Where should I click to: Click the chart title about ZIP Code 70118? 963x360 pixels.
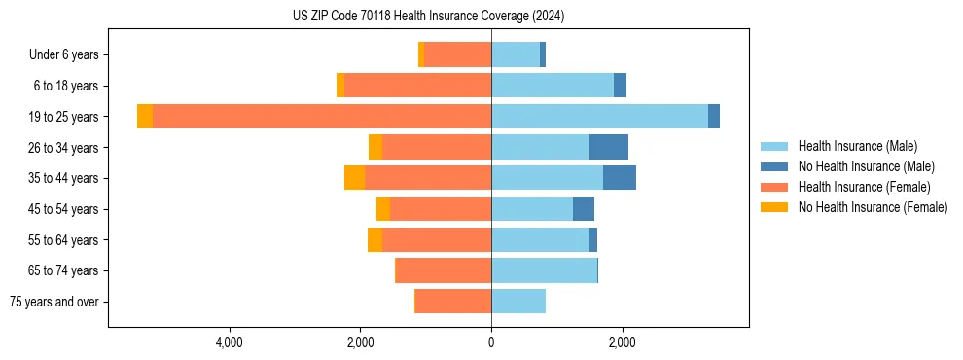pyautogui.click(x=428, y=17)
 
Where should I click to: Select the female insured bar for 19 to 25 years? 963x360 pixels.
pyautogui.click(x=321, y=117)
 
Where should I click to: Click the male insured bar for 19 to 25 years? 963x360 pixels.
pyautogui.click(x=599, y=117)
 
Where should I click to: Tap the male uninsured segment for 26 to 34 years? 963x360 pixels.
pyautogui.click(x=609, y=147)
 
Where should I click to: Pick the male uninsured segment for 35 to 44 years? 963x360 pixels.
pyautogui.click(x=620, y=178)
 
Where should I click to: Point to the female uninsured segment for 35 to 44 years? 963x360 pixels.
pyautogui.click(x=354, y=178)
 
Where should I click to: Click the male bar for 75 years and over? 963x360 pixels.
pyautogui.click(x=518, y=302)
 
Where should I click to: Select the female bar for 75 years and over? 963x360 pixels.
pyautogui.click(x=453, y=302)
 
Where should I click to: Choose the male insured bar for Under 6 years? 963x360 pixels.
pyautogui.click(x=516, y=54)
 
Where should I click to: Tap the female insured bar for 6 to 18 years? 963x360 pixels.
pyautogui.click(x=418, y=86)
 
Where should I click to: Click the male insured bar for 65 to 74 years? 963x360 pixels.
pyautogui.click(x=544, y=270)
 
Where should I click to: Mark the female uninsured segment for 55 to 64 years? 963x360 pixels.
pyautogui.click(x=374, y=239)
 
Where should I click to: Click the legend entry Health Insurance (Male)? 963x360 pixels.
pyautogui.click(x=857, y=146)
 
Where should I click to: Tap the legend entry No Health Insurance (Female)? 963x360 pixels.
pyautogui.click(x=872, y=207)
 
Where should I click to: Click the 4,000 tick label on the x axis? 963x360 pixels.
pyautogui.click(x=230, y=342)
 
